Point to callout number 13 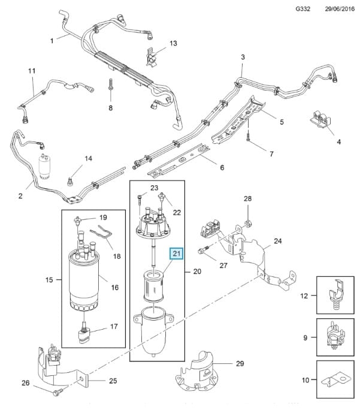pos(173,43)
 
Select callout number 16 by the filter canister pos(114,288)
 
